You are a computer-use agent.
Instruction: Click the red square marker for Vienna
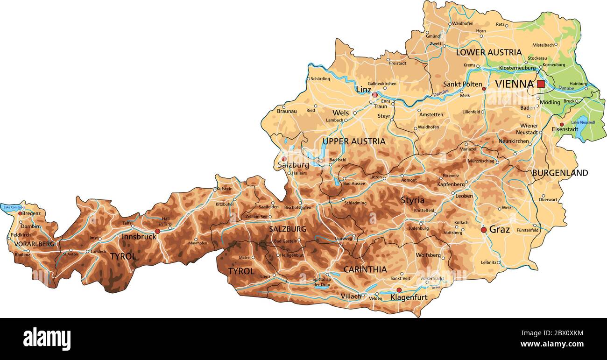541,84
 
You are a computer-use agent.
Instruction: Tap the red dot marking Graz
484,230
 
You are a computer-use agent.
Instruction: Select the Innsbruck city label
139,237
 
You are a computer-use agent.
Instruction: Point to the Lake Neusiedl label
583,122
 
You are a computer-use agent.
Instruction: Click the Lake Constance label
13,206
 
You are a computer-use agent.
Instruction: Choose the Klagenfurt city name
409,297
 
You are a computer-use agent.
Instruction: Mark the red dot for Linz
374,95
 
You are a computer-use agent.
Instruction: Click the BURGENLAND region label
560,173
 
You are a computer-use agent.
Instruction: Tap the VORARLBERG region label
34,244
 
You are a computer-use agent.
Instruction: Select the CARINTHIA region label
365,269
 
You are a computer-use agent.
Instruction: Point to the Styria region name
413,200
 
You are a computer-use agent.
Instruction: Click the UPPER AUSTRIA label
354,141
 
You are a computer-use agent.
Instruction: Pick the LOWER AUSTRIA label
488,52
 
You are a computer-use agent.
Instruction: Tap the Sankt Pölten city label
462,85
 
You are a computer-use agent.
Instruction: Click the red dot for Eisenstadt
562,125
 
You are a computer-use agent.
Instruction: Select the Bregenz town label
31,213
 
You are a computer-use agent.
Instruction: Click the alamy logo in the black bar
47,339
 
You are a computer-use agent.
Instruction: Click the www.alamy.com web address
552,345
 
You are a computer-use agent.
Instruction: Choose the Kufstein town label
225,189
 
